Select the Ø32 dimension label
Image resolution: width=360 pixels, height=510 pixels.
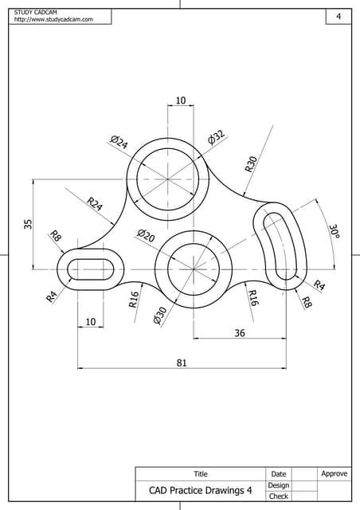(x=216, y=137)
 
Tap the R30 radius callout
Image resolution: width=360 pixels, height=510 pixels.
(x=252, y=164)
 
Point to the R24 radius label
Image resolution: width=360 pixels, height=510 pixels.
(x=95, y=204)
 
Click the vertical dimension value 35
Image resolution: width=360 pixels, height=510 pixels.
(x=28, y=224)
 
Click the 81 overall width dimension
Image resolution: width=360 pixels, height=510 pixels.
(x=181, y=363)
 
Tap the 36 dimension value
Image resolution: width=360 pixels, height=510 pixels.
(x=239, y=334)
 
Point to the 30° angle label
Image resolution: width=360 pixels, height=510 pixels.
(x=334, y=231)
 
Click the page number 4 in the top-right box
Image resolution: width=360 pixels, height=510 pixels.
(x=338, y=17)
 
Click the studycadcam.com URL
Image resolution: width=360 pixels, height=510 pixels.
(x=53, y=19)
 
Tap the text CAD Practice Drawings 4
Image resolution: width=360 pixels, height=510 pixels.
(x=200, y=490)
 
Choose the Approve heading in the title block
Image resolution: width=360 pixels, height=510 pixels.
(x=334, y=474)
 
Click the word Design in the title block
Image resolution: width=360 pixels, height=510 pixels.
(x=278, y=485)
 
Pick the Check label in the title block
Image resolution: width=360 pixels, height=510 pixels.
(x=278, y=496)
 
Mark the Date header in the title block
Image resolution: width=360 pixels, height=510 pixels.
(x=278, y=474)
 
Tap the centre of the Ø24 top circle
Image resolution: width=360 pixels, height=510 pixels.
(x=168, y=178)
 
